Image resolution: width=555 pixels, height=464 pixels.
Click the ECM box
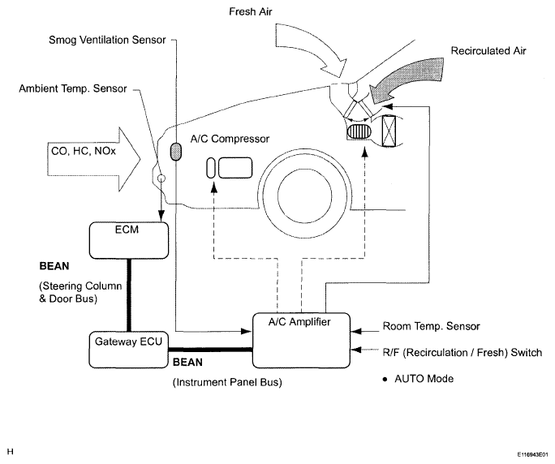(129, 240)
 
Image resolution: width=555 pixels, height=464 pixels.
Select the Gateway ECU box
(128, 350)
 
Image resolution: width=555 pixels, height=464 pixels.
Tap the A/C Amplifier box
(301, 341)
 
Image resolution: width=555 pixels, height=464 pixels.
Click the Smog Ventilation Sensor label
(107, 40)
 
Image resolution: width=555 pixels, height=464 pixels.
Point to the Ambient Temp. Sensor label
(73, 88)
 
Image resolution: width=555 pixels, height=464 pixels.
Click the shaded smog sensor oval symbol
(176, 151)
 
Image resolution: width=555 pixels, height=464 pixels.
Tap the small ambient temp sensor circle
(161, 178)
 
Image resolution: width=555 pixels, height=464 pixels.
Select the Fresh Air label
(251, 11)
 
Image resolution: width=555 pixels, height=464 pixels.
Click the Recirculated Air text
(488, 51)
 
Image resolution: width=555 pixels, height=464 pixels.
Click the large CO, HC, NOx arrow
(94, 160)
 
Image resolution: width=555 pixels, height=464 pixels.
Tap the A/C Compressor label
(230, 139)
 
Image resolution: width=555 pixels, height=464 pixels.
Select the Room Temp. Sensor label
(432, 326)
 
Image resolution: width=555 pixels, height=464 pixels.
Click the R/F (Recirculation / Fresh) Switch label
(462, 353)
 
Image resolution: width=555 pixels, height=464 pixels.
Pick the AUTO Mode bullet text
(418, 379)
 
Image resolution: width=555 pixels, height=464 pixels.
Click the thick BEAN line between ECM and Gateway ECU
(129, 295)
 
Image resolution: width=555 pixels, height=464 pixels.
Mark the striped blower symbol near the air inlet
(359, 131)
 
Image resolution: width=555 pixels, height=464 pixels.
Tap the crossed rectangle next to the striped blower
(389, 131)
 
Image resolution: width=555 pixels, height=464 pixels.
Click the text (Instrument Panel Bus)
(227, 383)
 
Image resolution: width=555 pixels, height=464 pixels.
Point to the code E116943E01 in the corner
(533, 454)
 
